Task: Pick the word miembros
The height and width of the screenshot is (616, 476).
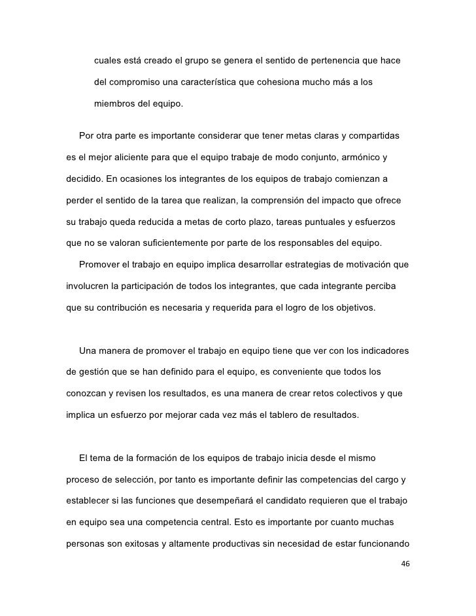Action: tap(116, 105)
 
